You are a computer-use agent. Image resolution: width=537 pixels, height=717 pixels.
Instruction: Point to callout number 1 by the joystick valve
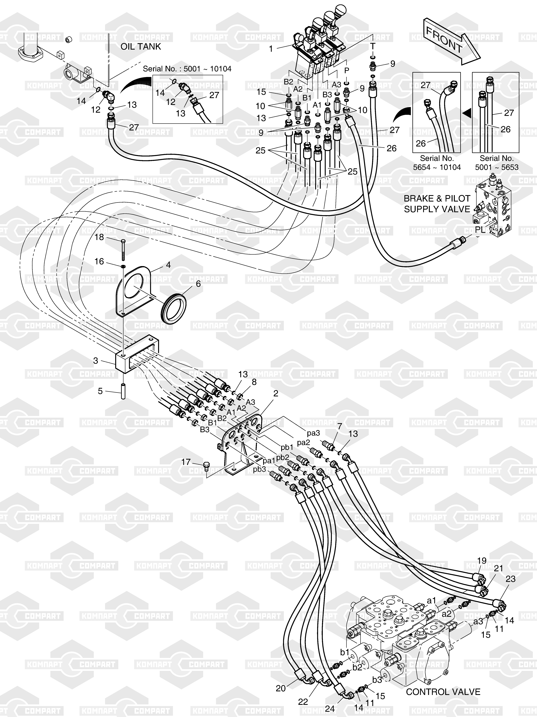point(271,49)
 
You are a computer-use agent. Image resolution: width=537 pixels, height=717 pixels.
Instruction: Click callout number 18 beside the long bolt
point(99,237)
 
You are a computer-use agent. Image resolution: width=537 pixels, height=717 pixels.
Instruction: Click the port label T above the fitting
point(373,46)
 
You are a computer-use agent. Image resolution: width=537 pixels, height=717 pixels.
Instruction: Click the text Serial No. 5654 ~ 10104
point(436,163)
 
